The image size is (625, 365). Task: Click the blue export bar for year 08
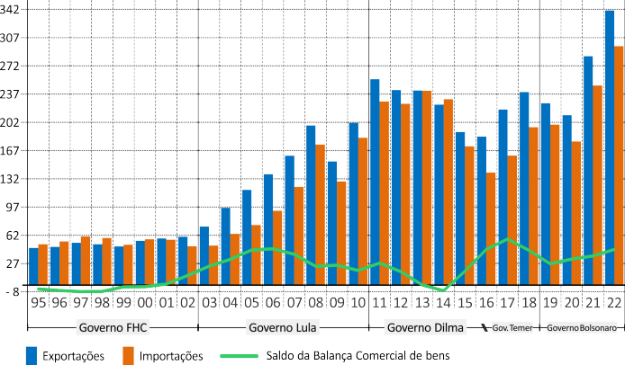click(x=311, y=208)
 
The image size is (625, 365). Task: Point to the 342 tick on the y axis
click(x=12, y=10)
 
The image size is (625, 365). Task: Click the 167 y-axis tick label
click(x=12, y=150)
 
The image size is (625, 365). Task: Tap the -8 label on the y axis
click(x=12, y=291)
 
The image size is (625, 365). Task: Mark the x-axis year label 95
click(x=38, y=304)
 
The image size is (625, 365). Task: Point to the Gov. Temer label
click(x=511, y=327)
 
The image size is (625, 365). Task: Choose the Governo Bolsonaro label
click(x=582, y=327)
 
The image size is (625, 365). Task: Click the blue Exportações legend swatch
click(x=32, y=355)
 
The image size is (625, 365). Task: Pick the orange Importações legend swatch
click(x=129, y=355)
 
